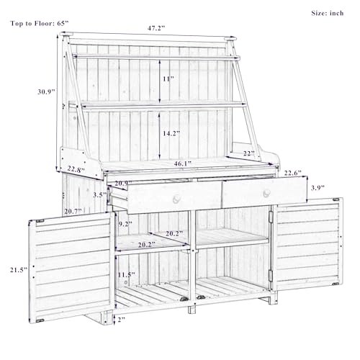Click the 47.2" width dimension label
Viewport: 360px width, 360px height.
pyautogui.click(x=156, y=28)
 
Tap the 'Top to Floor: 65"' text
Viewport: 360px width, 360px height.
pyautogui.click(x=40, y=24)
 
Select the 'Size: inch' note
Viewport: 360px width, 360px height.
pyautogui.click(x=328, y=13)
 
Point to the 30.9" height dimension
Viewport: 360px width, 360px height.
pyautogui.click(x=46, y=91)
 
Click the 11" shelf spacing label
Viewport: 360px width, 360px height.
pyautogui.click(x=168, y=78)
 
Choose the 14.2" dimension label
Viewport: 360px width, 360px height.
pyautogui.click(x=171, y=133)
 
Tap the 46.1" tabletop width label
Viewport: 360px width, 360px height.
pyautogui.click(x=183, y=163)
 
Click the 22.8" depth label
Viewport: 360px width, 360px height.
pyautogui.click(x=76, y=169)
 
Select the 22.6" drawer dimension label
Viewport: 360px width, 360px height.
pyautogui.click(x=293, y=173)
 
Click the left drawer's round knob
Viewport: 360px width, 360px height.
pyautogui.click(x=176, y=199)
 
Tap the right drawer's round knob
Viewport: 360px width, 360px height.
pyautogui.click(x=266, y=193)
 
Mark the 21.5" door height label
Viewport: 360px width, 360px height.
pyautogui.click(x=19, y=270)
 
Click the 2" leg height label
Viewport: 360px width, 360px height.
pyautogui.click(x=122, y=320)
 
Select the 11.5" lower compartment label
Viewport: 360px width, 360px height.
pyautogui.click(x=126, y=275)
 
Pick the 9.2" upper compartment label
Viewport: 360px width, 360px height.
pyautogui.click(x=125, y=225)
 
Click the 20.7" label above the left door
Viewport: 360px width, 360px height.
pyautogui.click(x=73, y=212)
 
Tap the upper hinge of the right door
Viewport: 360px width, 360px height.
pyautogui.click(x=271, y=217)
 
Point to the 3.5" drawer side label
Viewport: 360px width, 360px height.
pyautogui.click(x=100, y=194)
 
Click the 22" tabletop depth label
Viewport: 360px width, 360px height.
pyautogui.click(x=248, y=153)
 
